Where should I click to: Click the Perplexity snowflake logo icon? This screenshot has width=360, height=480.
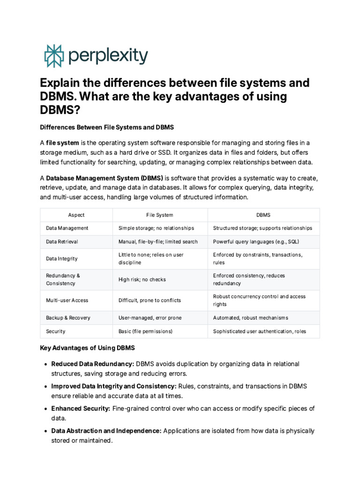[x=53, y=56]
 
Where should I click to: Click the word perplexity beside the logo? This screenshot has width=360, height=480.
[x=108, y=56]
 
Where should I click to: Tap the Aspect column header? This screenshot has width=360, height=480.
[x=76, y=215]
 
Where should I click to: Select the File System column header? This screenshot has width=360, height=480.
[x=159, y=215]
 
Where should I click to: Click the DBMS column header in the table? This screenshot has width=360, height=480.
[x=263, y=215]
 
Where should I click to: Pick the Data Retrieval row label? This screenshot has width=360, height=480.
[x=62, y=242]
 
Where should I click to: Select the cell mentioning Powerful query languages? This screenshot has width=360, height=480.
[x=256, y=242]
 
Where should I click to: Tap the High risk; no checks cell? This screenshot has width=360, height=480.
[x=142, y=280]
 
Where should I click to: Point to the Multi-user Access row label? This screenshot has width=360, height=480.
[x=67, y=300]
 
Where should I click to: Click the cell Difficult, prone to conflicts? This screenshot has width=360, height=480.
[x=150, y=300]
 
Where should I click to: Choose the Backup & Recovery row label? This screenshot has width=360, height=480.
[x=68, y=318]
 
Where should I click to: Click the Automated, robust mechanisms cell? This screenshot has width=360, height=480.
[x=250, y=318]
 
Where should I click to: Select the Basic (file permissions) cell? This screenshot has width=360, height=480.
[x=145, y=331]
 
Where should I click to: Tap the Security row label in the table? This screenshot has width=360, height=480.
[x=56, y=331]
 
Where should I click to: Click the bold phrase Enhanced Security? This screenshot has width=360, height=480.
[x=81, y=409]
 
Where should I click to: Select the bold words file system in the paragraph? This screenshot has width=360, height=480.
[x=62, y=142]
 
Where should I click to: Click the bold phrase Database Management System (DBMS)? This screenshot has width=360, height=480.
[x=105, y=179]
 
